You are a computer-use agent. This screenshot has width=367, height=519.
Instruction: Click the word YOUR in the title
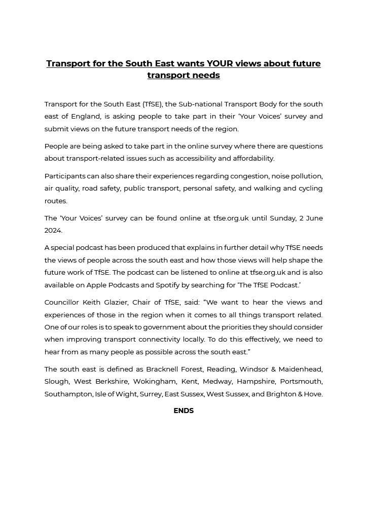[x=220, y=64]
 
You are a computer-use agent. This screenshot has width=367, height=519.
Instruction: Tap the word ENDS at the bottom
[x=183, y=411]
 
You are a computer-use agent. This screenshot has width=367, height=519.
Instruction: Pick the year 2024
[x=53, y=231]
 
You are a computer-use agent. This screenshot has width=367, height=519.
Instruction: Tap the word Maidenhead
[x=301, y=369]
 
